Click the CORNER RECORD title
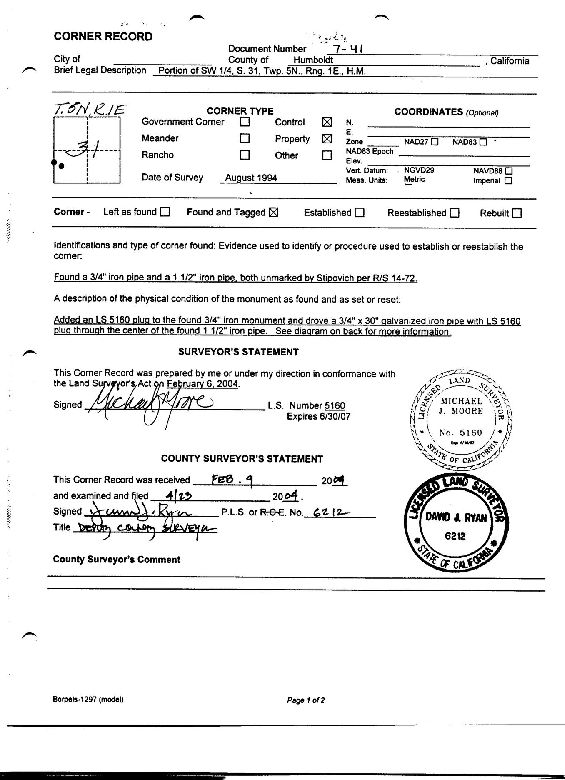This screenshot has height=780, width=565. (103, 37)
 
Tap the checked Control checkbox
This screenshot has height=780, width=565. (327, 122)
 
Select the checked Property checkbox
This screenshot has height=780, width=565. (327, 138)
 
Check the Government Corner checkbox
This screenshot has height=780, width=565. (245, 122)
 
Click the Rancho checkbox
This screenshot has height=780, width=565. (245, 155)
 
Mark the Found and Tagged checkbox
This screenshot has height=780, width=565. (273, 212)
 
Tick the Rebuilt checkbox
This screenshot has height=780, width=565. (517, 213)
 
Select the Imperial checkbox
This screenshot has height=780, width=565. (508, 181)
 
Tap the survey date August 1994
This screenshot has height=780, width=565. (251, 178)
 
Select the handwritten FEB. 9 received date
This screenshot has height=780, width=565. (231, 480)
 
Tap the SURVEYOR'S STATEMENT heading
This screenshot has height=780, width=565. (238, 352)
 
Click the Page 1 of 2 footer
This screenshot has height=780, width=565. (306, 700)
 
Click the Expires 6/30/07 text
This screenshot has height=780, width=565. (318, 416)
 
